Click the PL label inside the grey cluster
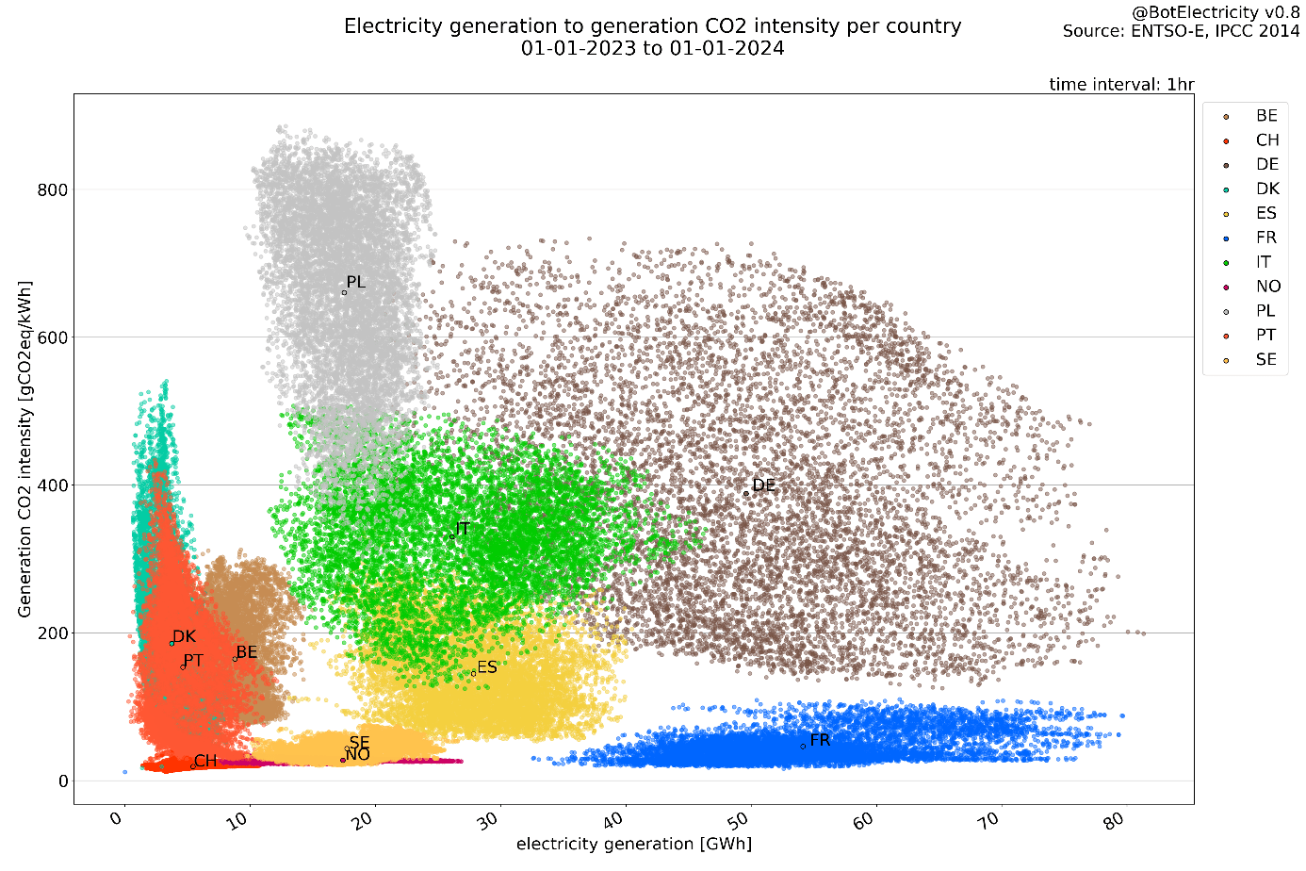pos(355,283)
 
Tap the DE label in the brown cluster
pos(763,485)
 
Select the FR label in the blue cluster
pos(820,740)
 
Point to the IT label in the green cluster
pos(462,529)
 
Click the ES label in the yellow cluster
pos(486,667)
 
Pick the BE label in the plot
pos(246,652)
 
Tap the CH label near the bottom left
pos(205,762)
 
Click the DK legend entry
pos(1266,189)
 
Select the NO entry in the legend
pos(1267,287)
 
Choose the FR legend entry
pos(1265,238)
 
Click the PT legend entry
pos(1265,335)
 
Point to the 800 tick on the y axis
pos(53,190)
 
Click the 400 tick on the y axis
pos(53,485)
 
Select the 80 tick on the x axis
pos(1114,820)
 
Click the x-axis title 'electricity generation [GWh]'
pos(633,844)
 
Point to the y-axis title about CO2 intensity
pos(24,448)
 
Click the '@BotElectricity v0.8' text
pos(1215,12)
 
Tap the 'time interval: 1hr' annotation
pos(1121,84)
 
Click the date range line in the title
pos(652,48)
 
